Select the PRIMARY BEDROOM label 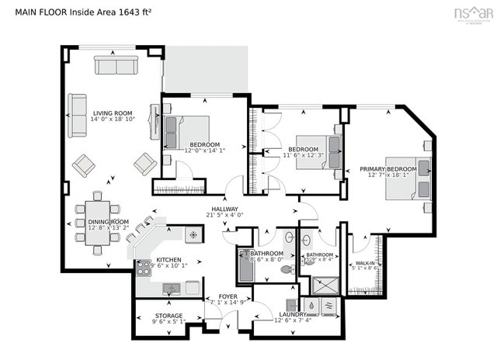point(388,168)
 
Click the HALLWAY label point(225,208)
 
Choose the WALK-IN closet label point(365,264)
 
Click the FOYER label point(227,296)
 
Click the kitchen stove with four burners point(144,268)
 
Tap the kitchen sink point(172,289)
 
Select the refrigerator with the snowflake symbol point(192,234)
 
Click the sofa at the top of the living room point(116,65)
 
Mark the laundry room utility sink point(292,305)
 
